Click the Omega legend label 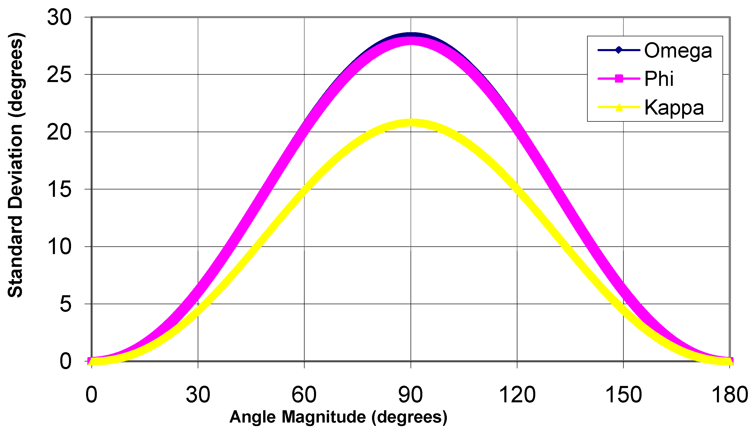tap(678, 51)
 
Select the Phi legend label tap(659, 79)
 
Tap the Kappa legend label tap(674, 107)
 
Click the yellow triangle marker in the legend tap(619, 107)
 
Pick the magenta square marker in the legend tap(619, 79)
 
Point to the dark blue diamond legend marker tap(619, 50)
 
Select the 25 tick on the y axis tap(60, 75)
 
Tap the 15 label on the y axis tap(60, 189)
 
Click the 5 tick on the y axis tap(66, 304)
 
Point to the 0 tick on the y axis tap(66, 362)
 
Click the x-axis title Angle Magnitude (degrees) tap(338, 417)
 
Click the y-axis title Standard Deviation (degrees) tap(15, 165)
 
